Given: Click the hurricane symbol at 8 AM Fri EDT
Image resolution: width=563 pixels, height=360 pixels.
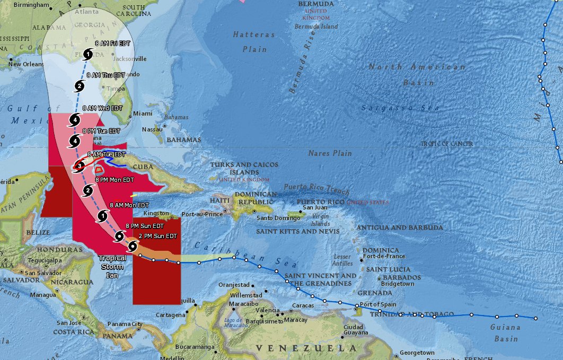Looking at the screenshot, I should [89, 53].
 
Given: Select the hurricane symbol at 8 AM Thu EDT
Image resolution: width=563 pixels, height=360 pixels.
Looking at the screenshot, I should [80, 86].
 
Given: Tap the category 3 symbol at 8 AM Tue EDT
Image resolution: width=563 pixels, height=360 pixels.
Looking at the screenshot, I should [80, 166].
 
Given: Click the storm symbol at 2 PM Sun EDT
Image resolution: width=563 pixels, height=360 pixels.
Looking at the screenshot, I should [133, 246].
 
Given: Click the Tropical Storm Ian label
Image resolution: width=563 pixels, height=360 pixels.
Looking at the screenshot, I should [112, 267].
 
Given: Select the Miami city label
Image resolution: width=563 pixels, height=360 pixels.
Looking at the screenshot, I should [143, 113].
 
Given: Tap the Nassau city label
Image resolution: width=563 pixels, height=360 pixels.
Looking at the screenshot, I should [152, 129].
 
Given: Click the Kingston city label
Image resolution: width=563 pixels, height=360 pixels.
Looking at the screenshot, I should [155, 213].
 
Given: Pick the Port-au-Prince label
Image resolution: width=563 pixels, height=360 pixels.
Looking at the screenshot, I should [202, 214].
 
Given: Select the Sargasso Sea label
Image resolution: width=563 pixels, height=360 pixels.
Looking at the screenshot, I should [400, 108].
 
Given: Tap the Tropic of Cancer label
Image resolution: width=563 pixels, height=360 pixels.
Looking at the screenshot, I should [447, 144].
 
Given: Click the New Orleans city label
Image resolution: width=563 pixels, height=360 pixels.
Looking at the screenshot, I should [25, 65].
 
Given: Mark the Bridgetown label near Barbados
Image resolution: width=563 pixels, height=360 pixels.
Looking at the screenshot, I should [397, 284].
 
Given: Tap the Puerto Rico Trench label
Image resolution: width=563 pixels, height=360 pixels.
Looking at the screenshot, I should [316, 188].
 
